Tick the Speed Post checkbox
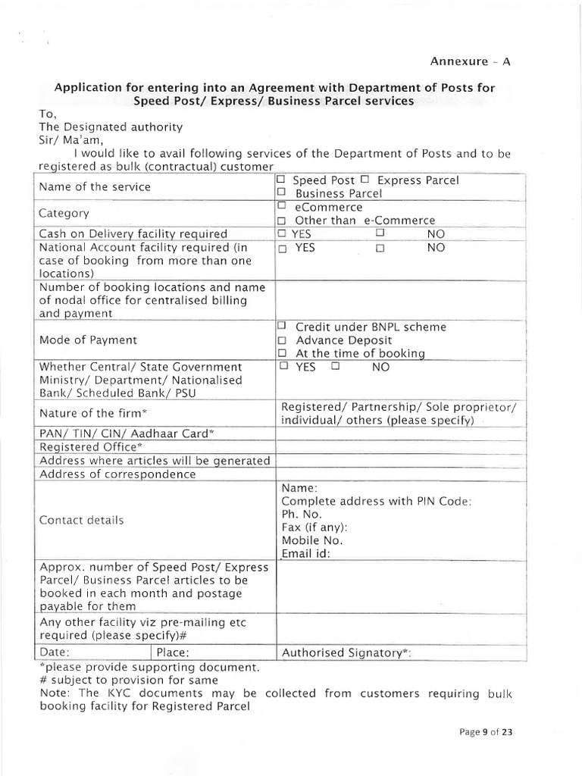pyautogui.click(x=281, y=180)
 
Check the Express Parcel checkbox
pyautogui.click(x=365, y=180)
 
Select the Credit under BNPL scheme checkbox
pyautogui.click(x=281, y=327)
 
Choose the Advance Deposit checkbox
pyautogui.click(x=281, y=340)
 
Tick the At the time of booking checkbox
pyautogui.click(x=281, y=354)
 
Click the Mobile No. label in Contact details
pyautogui.click(x=312, y=540)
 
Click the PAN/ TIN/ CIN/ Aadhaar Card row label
pyautogui.click(x=127, y=433)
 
